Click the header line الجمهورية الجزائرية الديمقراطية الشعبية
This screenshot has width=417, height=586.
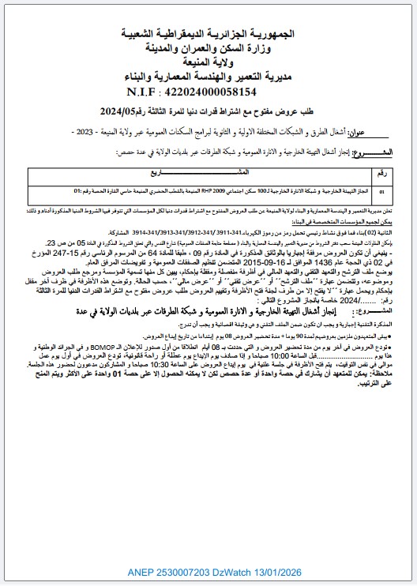click(x=208, y=36)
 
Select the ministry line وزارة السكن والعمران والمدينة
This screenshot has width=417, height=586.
click(x=208, y=50)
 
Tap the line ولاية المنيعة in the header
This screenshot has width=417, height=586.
click(x=208, y=63)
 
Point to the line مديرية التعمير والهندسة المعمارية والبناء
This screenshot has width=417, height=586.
click(x=208, y=77)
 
